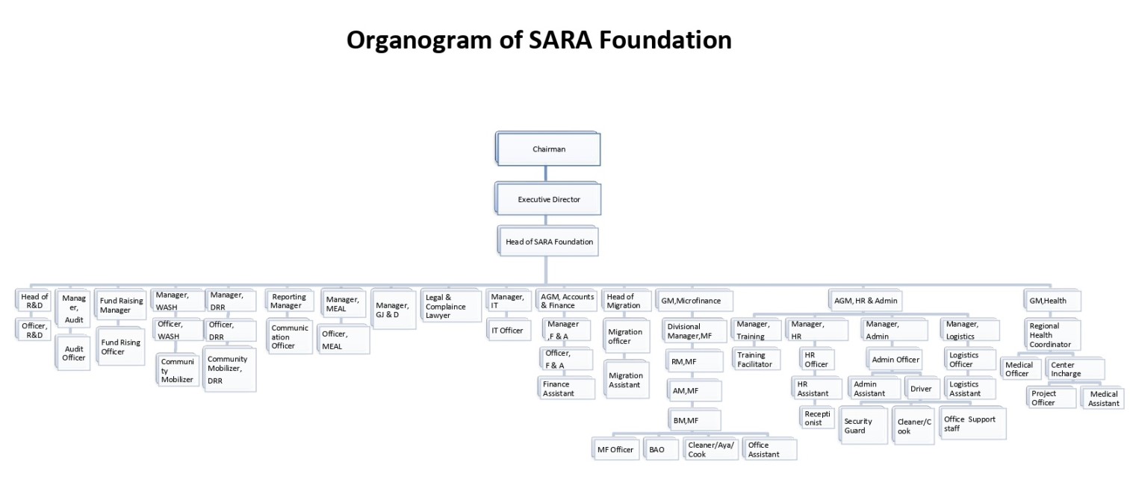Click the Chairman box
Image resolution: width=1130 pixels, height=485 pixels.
pos(548,149)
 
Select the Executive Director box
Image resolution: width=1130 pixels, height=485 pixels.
pos(548,199)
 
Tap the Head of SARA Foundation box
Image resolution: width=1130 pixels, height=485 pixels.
pos(549,242)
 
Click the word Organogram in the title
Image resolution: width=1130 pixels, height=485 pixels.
pos(420,40)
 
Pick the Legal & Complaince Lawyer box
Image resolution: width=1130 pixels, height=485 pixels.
pos(450,306)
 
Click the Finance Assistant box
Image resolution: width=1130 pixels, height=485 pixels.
pos(565,388)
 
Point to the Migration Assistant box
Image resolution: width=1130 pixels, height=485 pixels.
pos(626,380)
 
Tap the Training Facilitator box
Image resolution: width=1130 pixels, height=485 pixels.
pos(756,360)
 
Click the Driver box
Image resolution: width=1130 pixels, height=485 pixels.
pos(921,389)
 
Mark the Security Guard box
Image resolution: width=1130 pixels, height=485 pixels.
pos(863,425)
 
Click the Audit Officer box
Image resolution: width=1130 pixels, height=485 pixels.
pos(74,353)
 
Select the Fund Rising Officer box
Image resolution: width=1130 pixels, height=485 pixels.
pos(121,347)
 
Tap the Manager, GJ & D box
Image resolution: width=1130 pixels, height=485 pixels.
pos(392,310)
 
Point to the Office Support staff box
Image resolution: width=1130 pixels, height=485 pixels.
pos(972,424)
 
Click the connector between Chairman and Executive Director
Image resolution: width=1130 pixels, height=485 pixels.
pos(545,173)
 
